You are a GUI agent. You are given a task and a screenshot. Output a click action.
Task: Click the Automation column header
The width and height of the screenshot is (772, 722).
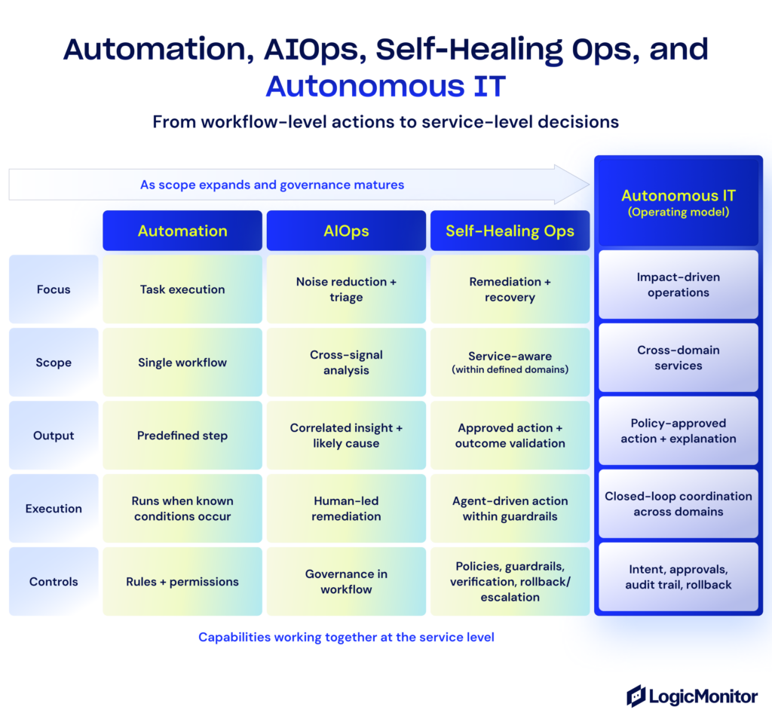pyautogui.click(x=182, y=231)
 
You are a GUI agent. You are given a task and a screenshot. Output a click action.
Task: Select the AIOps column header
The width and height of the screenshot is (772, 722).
pyautogui.click(x=346, y=231)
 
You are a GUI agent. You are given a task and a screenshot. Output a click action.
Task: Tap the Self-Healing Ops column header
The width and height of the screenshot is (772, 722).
pyautogui.click(x=510, y=231)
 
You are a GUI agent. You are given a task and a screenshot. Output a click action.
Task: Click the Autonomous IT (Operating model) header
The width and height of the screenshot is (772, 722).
pyautogui.click(x=678, y=202)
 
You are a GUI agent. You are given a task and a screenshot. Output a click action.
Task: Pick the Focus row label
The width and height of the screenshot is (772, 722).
pyautogui.click(x=54, y=289)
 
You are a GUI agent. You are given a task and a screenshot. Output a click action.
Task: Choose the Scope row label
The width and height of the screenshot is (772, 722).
pyautogui.click(x=54, y=363)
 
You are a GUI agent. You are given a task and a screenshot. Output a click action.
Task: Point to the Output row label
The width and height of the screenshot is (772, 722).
pyautogui.click(x=54, y=436)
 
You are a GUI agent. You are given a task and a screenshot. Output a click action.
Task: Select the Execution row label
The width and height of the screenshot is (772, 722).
pyautogui.click(x=54, y=509)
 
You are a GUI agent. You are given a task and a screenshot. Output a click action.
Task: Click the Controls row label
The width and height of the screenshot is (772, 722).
pyautogui.click(x=54, y=582)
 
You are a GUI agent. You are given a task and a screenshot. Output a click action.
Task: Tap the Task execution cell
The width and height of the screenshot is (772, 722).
pyautogui.click(x=182, y=289)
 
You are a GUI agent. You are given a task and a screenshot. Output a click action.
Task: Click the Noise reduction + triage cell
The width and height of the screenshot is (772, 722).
pyautogui.click(x=346, y=289)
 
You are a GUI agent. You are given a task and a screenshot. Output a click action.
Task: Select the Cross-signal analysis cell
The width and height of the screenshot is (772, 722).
pyautogui.click(x=346, y=363)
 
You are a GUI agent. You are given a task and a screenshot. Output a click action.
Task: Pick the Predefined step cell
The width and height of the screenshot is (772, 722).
pyautogui.click(x=182, y=436)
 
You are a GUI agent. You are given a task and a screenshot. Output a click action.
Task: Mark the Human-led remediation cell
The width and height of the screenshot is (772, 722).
pyautogui.click(x=346, y=509)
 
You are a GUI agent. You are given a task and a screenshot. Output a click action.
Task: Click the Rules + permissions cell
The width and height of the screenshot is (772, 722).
pyautogui.click(x=182, y=582)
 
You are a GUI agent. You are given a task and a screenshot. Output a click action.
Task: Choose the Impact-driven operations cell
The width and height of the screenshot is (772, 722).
pyautogui.click(x=678, y=285)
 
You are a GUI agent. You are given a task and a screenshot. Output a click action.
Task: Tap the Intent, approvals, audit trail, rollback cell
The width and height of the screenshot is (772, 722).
pyautogui.click(x=678, y=577)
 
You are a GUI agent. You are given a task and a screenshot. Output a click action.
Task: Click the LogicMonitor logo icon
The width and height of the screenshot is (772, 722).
pyautogui.click(x=636, y=696)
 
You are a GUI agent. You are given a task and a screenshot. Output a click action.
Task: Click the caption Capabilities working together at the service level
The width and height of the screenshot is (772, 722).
pyautogui.click(x=346, y=638)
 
